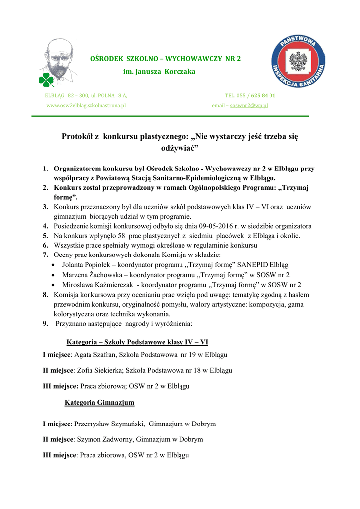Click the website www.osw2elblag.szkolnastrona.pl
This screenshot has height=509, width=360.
click(86, 106)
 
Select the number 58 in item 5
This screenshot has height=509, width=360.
click(121, 236)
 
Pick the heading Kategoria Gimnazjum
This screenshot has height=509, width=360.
click(99, 402)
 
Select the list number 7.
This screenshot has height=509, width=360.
click(45, 255)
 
